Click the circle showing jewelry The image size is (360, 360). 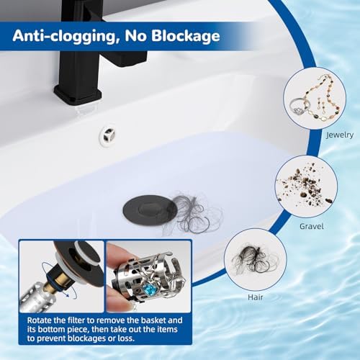310,99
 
